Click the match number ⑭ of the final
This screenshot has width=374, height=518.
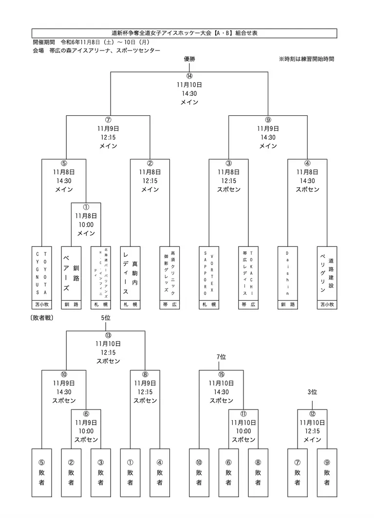tap(189, 76)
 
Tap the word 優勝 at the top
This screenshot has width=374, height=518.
tap(189, 59)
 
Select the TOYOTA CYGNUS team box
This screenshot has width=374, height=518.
tap(41, 273)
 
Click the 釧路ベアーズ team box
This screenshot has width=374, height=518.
tap(71, 273)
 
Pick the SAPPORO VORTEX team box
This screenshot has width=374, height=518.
tap(209, 273)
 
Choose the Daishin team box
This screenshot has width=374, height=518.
tap(288, 273)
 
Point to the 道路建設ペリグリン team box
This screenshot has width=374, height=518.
tap(327, 273)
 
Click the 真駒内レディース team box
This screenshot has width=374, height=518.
tap(130, 273)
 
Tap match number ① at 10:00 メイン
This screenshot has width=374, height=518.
tap(86, 207)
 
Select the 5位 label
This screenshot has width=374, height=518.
tap(106, 318)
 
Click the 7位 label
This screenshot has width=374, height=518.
tap(222, 357)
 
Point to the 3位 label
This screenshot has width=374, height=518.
tap(312, 392)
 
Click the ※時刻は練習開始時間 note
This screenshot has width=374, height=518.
tap(306, 59)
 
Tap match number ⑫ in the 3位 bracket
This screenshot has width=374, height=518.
tap(312, 414)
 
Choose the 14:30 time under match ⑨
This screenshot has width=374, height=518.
tap(268, 138)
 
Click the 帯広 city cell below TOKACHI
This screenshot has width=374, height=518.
tap(248, 304)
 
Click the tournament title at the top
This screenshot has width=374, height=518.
tap(185, 33)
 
